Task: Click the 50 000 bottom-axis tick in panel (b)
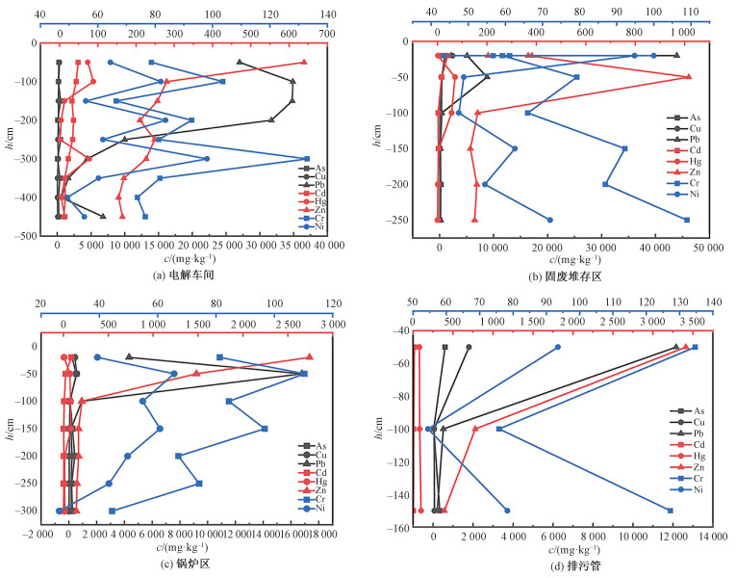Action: pyautogui.click(x=695, y=248)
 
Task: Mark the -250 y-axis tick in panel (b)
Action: pyautogui.click(x=398, y=220)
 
